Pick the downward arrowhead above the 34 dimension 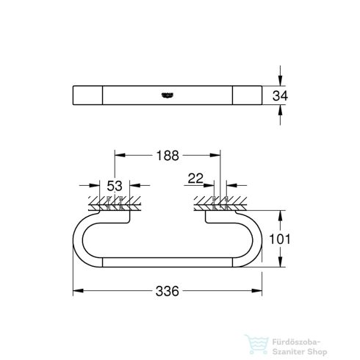tap(281, 81)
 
